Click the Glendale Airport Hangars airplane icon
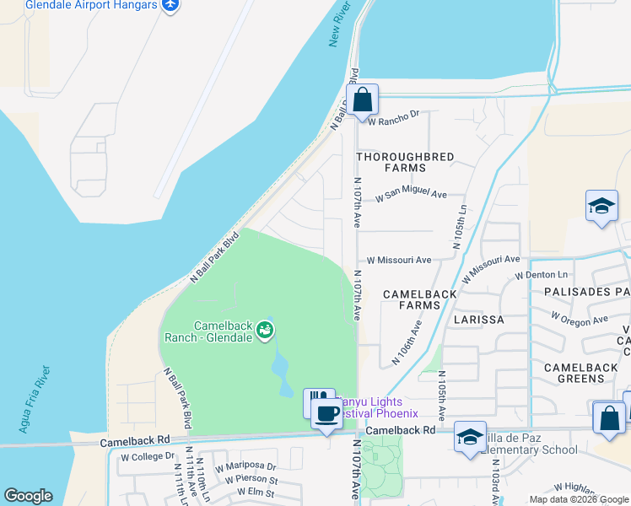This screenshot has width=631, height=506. pyautogui.click(x=170, y=5)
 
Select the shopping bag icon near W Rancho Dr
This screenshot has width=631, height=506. pyautogui.click(x=363, y=100)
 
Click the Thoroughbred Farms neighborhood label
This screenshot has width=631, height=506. pyautogui.click(x=405, y=163)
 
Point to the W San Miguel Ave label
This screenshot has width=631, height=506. pyautogui.click(x=412, y=194)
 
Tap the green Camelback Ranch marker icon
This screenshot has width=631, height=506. pyautogui.click(x=266, y=330)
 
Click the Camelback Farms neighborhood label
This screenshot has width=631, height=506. pyautogui.click(x=419, y=300)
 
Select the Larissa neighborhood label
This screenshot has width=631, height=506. pyautogui.click(x=478, y=320)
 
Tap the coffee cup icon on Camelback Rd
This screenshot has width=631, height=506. pyautogui.click(x=327, y=414)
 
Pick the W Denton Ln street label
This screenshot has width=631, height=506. pyautogui.click(x=542, y=275)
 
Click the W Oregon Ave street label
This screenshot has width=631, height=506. pyautogui.click(x=580, y=320)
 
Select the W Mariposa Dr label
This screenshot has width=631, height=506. pyautogui.click(x=245, y=466)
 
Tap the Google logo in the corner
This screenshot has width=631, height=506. pyautogui.click(x=28, y=496)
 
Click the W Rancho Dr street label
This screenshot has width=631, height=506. pyautogui.click(x=397, y=116)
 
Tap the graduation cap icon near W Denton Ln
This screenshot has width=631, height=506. pyautogui.click(x=601, y=206)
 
